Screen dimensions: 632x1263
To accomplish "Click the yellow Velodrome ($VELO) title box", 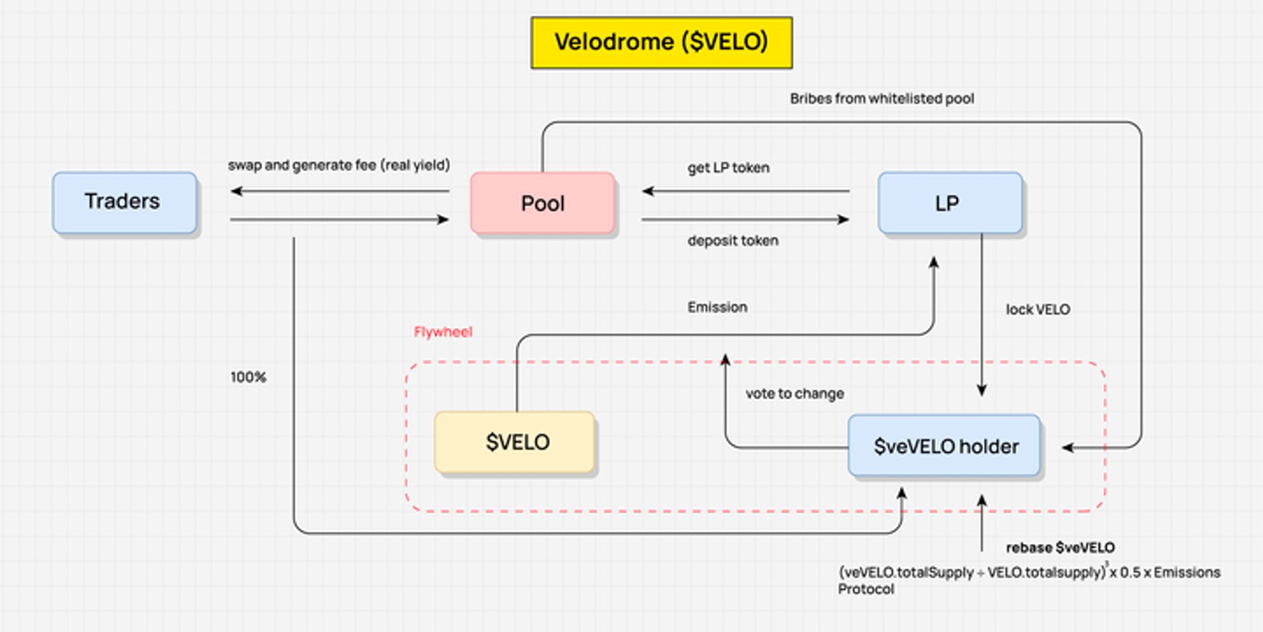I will (x=661, y=42).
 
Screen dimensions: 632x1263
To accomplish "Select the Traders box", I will (x=124, y=202).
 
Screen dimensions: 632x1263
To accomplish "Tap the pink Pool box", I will (x=542, y=204).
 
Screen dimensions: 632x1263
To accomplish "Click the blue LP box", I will (x=949, y=203).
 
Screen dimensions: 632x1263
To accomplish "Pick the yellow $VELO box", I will (x=515, y=442).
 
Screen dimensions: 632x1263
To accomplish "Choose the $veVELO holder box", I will (x=944, y=446).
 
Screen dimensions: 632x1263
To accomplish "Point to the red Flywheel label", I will (x=443, y=332).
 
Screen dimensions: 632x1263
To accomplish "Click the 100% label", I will (x=248, y=377).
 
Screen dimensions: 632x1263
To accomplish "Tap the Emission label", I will (x=717, y=307).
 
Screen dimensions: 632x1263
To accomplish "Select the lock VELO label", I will (x=1038, y=310).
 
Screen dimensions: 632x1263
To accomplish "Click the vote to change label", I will (x=794, y=394).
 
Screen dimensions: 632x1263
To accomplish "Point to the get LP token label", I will (x=728, y=168).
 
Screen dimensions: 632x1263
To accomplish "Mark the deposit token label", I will (x=733, y=241).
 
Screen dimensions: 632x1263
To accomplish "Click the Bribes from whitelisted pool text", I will (x=882, y=99).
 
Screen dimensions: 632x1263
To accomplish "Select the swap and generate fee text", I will (x=338, y=166).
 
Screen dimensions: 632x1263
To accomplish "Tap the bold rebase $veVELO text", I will (x=1060, y=547).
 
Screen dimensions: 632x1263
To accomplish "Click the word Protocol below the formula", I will (x=866, y=589).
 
